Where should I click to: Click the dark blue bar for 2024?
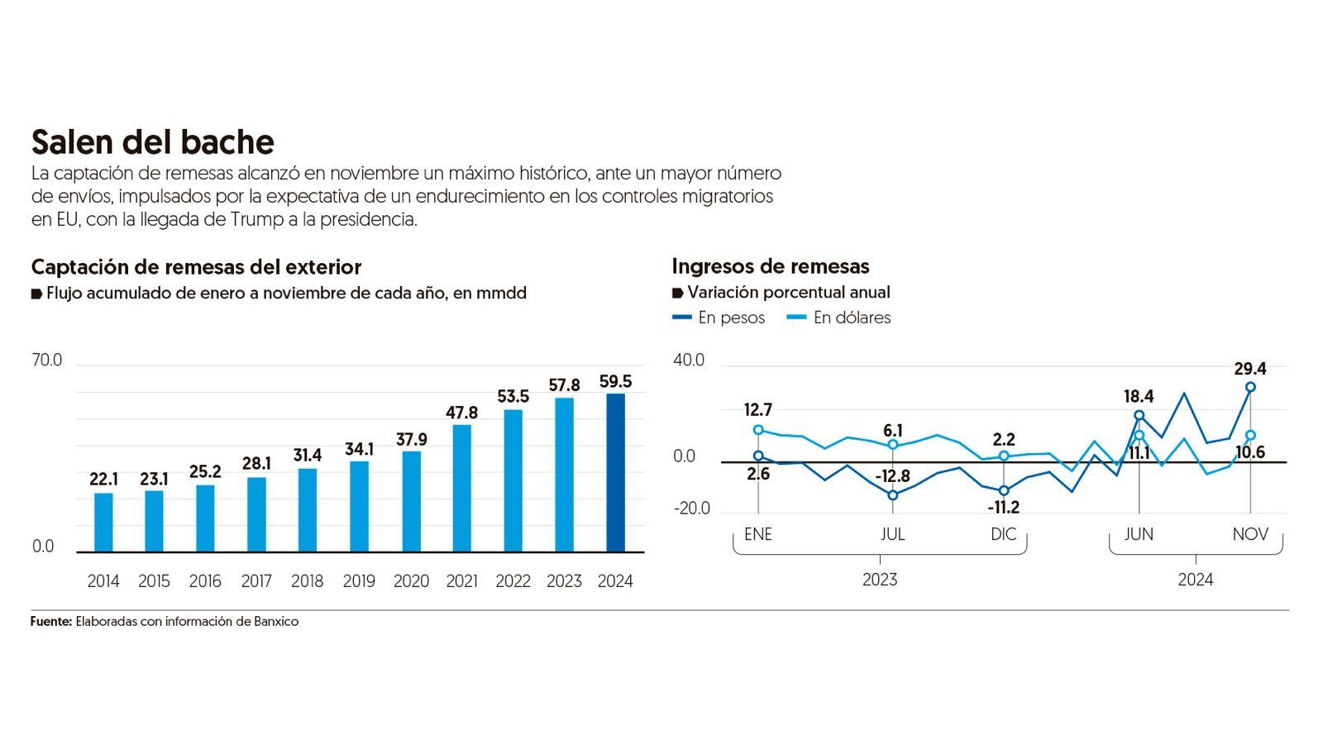click(615, 472)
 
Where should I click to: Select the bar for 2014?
click(103, 522)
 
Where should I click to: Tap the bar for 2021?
click(461, 488)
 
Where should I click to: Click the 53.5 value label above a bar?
click(513, 397)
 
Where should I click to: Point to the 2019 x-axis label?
click(359, 581)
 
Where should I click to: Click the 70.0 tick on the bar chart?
click(47, 361)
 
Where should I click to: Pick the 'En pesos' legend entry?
click(719, 318)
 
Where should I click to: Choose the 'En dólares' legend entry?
click(839, 318)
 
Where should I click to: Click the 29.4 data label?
click(1250, 369)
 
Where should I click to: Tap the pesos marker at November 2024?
click(1250, 387)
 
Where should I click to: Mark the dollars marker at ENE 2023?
click(758, 430)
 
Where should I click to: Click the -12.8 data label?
click(891, 476)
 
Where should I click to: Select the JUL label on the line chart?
click(892, 534)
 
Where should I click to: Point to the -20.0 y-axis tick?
click(692, 509)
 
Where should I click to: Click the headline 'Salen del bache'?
click(153, 142)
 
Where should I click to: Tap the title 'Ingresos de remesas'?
click(771, 266)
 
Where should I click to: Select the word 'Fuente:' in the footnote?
click(51, 621)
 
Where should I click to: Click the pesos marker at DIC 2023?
click(1004, 490)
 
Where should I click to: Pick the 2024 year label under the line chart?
click(1195, 580)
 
